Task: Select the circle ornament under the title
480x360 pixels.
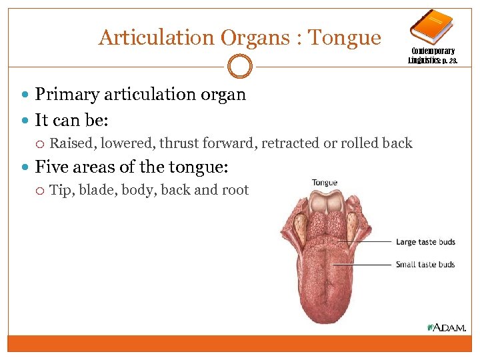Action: click(240, 66)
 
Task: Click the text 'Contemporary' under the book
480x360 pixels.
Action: click(433, 51)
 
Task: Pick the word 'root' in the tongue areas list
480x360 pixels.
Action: click(235, 190)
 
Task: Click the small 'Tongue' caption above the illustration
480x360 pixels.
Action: click(325, 183)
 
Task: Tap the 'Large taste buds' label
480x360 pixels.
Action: click(425, 242)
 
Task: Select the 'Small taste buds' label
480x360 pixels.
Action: click(425, 265)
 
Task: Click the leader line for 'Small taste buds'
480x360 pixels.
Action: click(363, 265)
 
